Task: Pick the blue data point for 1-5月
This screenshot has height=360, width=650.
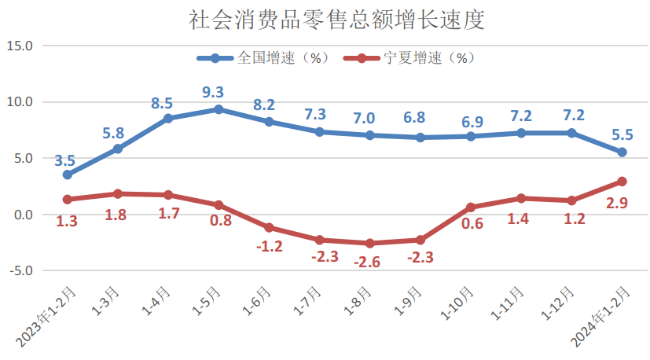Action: click(x=219, y=109)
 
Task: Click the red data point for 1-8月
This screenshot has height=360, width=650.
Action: click(x=370, y=244)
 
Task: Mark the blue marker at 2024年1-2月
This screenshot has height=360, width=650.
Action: click(x=622, y=152)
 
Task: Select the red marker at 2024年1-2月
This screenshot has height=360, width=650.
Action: click(x=622, y=182)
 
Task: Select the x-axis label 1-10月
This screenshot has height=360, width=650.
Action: click(x=461, y=303)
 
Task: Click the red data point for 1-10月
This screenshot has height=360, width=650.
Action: click(x=471, y=208)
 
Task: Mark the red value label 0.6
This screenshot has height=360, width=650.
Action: click(x=472, y=225)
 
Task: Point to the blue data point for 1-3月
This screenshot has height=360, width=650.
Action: click(x=118, y=149)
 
